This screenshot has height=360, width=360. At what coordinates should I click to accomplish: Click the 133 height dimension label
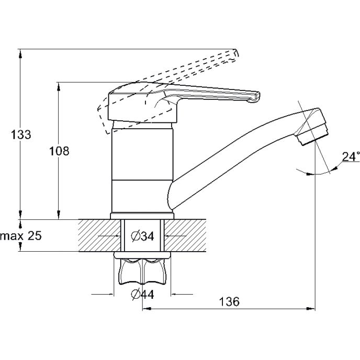pos(21,134)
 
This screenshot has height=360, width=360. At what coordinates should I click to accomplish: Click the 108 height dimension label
pos(59,151)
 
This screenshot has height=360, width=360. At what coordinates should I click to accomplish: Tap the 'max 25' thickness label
pos(21,236)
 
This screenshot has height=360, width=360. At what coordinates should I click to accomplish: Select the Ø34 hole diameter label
pos(142,236)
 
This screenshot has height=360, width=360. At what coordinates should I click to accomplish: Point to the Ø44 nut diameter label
pos(142,294)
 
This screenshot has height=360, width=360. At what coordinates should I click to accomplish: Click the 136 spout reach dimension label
pos(229,301)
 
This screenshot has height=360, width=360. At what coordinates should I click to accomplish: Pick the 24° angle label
pos(351,156)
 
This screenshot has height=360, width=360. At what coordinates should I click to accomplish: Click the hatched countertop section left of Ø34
pos(99,235)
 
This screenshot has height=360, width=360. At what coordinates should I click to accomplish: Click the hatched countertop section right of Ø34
pos(185,235)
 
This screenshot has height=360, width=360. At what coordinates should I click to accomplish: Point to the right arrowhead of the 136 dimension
pos(312,309)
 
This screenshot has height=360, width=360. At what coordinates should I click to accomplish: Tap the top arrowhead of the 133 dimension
pos(20,53)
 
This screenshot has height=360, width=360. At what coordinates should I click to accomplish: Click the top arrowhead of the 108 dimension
pos(59,87)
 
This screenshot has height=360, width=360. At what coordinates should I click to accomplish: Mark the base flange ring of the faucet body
pos(142,216)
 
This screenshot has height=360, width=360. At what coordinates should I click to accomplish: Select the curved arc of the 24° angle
pos(317,173)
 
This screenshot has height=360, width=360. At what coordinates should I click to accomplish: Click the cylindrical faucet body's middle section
pos(142,154)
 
